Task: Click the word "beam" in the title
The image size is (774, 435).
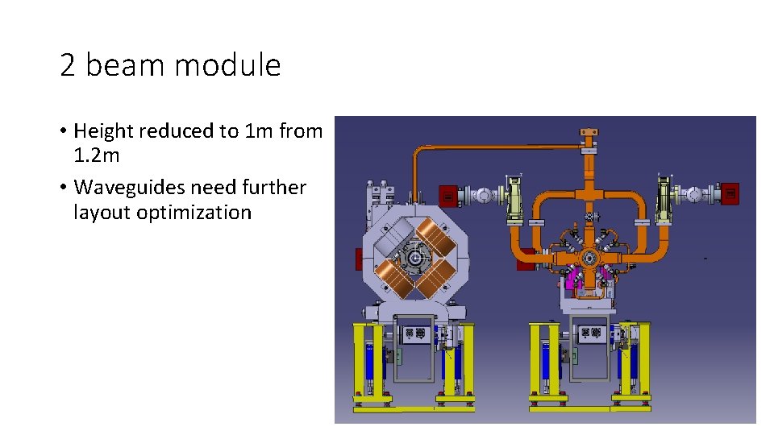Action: pyautogui.click(x=124, y=65)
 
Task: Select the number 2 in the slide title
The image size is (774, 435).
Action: pyautogui.click(x=68, y=65)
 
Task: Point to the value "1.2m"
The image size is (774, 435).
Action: pyautogui.click(x=97, y=155)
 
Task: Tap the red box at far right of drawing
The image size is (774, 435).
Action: pyautogui.click(x=730, y=193)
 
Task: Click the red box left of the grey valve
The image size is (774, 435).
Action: pyautogui.click(x=447, y=195)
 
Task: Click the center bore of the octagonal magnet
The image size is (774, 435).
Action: pyautogui.click(x=416, y=259)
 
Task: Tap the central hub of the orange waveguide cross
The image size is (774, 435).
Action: pyautogui.click(x=591, y=257)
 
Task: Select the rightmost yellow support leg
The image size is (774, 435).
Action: pyautogui.click(x=643, y=362)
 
